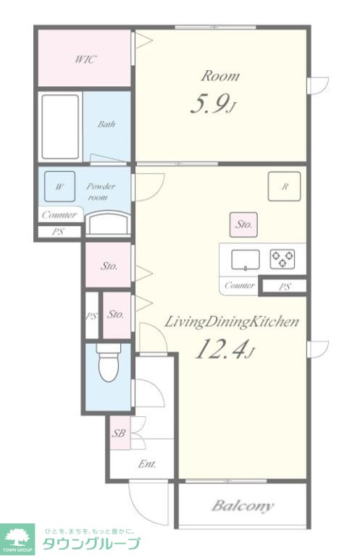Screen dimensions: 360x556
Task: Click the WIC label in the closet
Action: click(x=85, y=59)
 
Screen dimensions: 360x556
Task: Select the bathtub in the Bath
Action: click(x=60, y=127)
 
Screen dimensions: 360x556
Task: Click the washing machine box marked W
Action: click(x=59, y=187)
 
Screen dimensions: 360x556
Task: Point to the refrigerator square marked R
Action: click(x=285, y=187)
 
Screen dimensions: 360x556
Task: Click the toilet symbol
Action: click(x=109, y=363)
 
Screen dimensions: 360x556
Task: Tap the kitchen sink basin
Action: click(x=246, y=260)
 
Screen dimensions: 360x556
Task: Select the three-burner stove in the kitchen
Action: click(x=282, y=259)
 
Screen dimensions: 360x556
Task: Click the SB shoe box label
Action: click(x=120, y=433)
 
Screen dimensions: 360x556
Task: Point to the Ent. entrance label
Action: click(x=147, y=464)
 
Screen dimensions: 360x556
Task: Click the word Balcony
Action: click(x=243, y=505)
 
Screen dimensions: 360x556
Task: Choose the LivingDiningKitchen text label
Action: click(x=231, y=322)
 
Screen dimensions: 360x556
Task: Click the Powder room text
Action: click(x=101, y=191)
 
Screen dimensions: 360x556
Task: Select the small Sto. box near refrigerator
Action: click(x=243, y=225)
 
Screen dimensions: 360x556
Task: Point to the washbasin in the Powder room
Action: click(x=108, y=224)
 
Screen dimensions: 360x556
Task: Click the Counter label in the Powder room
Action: click(x=59, y=215)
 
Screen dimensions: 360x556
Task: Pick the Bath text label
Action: click(x=106, y=124)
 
